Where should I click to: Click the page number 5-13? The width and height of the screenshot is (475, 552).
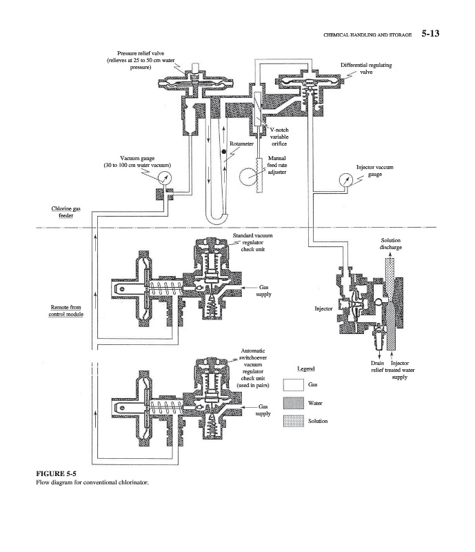pos(430,33)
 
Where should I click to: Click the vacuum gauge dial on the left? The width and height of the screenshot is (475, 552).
pos(164,177)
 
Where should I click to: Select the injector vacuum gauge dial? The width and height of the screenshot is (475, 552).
pos(346,180)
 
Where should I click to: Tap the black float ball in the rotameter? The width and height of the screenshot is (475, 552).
pos(223,152)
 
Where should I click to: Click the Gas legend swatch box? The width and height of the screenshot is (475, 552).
pos(294,385)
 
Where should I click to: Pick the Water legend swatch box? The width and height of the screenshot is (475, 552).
pos(294,403)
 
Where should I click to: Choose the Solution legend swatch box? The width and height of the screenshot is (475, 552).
pos(294,421)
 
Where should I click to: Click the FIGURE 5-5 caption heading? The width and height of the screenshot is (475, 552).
pos(56,473)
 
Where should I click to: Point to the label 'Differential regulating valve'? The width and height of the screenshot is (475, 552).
pos(366,68)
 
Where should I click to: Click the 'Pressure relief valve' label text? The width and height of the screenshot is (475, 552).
pos(141,53)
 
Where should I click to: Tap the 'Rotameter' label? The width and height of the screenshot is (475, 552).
pos(241,144)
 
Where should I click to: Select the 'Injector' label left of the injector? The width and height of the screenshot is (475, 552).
pos(323,308)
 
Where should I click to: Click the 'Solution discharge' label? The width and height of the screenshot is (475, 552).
pos(391,244)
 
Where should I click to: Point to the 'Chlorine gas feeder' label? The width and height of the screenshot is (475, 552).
pos(65,212)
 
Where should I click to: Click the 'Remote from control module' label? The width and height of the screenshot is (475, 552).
pos(65,310)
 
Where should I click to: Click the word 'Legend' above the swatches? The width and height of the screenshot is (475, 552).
pos(306,368)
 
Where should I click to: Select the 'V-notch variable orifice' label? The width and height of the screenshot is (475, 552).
pos(279,137)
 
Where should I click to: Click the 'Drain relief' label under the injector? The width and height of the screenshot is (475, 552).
pos(377,366)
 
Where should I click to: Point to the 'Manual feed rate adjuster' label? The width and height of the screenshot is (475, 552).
pos(277,165)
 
